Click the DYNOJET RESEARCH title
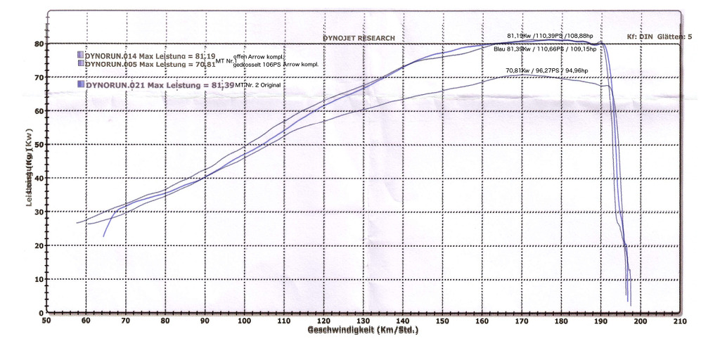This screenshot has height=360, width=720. click(x=359, y=38)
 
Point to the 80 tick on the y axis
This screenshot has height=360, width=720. click(x=40, y=44)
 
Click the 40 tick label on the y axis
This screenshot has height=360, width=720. click(x=40, y=178)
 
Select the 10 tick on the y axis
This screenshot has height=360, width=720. click(x=40, y=279)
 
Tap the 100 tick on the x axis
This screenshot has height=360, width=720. click(x=244, y=321)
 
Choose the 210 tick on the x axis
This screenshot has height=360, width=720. click(x=679, y=321)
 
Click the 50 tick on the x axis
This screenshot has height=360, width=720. click(x=46, y=321)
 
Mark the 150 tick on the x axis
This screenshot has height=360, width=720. click(x=442, y=321)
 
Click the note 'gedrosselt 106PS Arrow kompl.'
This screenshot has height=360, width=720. click(x=276, y=65)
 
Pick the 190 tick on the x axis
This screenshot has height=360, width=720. click(x=600, y=321)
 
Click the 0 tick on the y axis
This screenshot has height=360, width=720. click(x=42, y=313)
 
